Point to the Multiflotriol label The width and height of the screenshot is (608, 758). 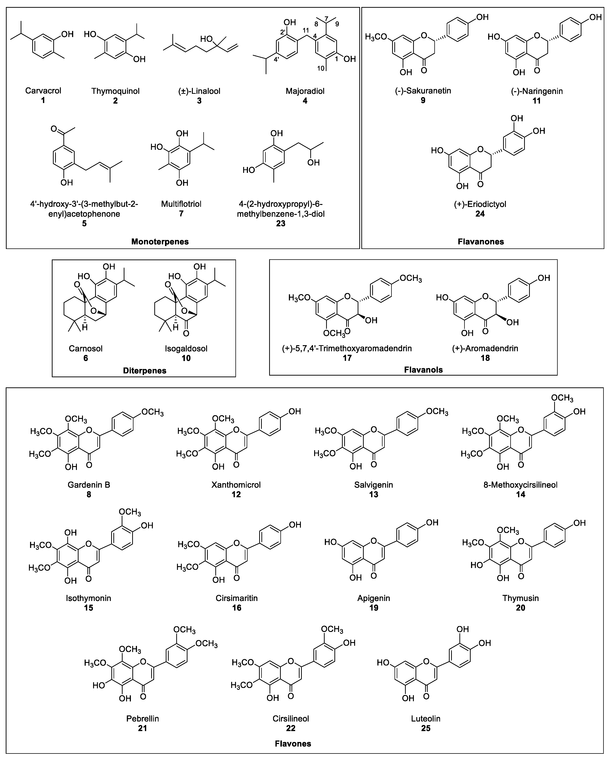pyautogui.click(x=181, y=204)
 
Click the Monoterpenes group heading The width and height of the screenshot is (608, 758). pyautogui.click(x=160, y=242)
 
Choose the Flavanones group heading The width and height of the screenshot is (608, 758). pyautogui.click(x=481, y=242)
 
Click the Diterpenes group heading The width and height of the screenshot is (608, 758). pyautogui.click(x=145, y=371)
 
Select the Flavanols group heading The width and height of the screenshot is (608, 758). pyautogui.click(x=423, y=370)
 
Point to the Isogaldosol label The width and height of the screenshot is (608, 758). pyautogui.click(x=186, y=349)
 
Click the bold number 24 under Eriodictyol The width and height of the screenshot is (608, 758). pyautogui.click(x=480, y=214)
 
